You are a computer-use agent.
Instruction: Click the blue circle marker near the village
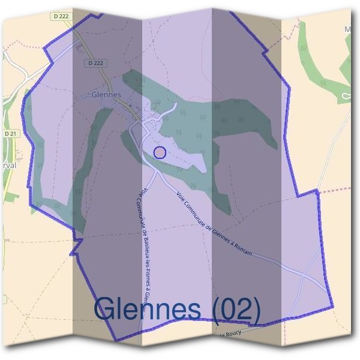click(160, 152)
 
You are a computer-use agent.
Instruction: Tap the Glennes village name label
click(107, 95)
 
